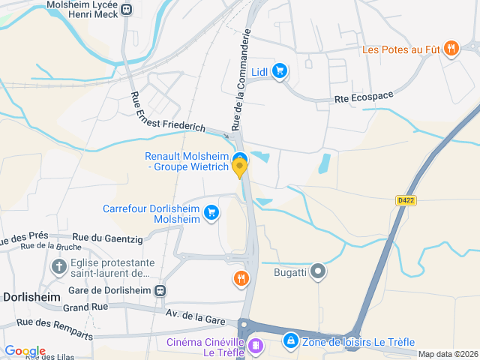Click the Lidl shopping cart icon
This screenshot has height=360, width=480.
click(x=280, y=71)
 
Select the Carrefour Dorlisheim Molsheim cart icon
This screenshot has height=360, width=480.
click(x=211, y=213)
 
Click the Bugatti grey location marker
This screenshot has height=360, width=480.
click(x=319, y=271)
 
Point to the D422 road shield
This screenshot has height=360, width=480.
click(x=406, y=200)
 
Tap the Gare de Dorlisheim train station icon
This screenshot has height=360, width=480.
click(x=160, y=290)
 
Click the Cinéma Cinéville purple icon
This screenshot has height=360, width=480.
click(x=256, y=345)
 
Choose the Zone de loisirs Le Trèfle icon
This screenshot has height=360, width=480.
click(x=290, y=342)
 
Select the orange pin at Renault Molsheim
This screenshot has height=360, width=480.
click(x=240, y=168)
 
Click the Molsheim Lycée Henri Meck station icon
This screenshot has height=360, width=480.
click(x=126, y=10)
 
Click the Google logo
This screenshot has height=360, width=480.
click(x=25, y=351)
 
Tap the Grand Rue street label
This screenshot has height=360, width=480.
click(x=86, y=307)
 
